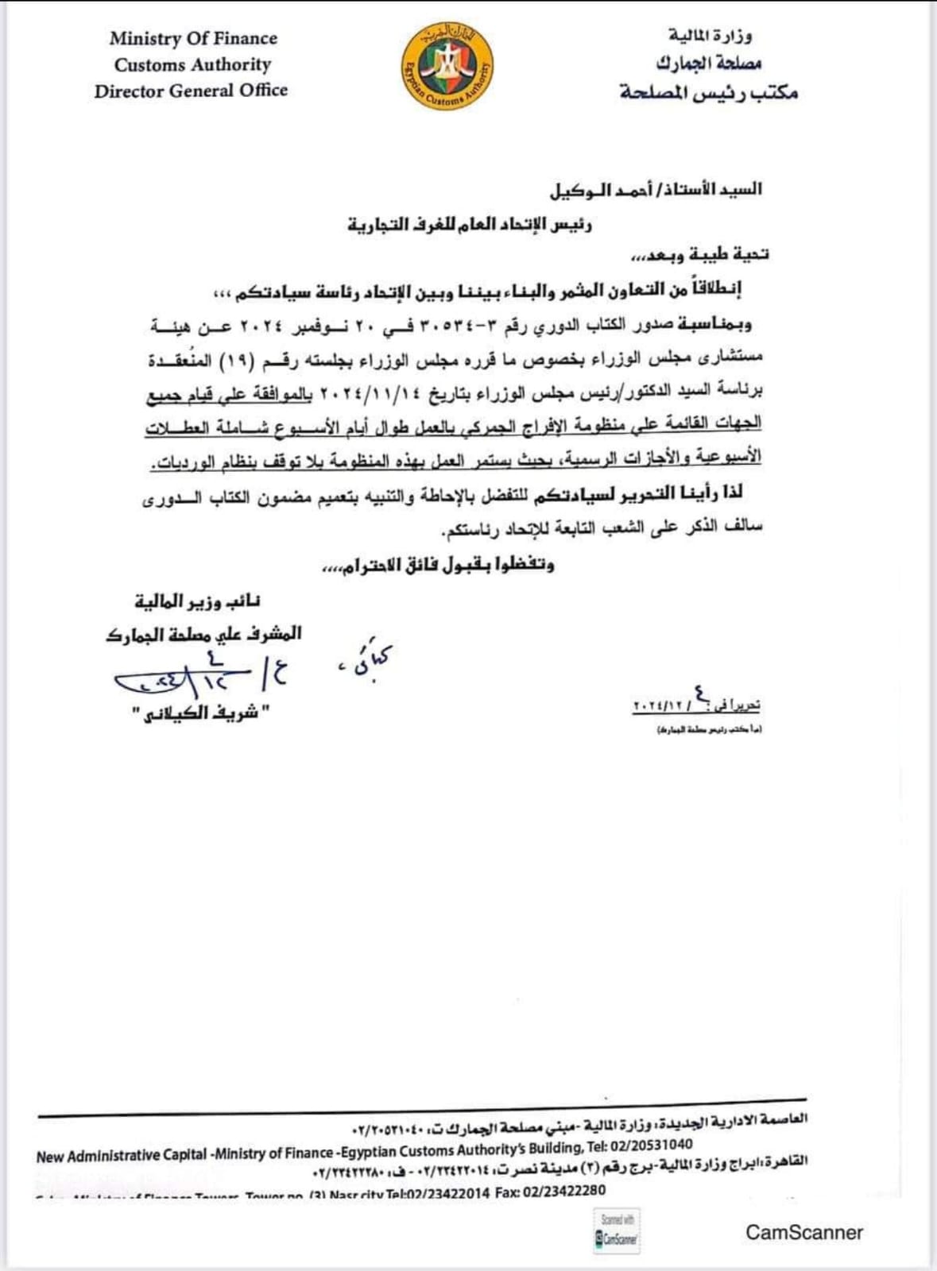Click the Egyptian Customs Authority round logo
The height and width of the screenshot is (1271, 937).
[446, 67]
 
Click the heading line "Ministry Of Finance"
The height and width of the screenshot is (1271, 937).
[193, 38]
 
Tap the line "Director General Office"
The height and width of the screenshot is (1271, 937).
[191, 91]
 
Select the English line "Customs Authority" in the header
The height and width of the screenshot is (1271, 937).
[192, 64]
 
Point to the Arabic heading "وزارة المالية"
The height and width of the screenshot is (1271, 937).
[710, 36]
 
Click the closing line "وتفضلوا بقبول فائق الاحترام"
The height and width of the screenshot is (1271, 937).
[437, 565]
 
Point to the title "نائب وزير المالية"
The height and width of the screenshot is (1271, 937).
[198, 601]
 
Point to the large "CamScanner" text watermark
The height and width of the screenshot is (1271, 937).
[803, 1232]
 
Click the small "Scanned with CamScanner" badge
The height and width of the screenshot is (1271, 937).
[616, 1232]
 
